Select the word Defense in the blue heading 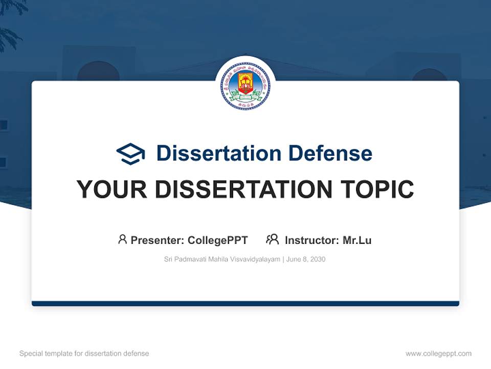tap(330, 153)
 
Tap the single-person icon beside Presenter tap(122, 239)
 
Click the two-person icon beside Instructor tap(272, 239)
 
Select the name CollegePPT tap(218, 240)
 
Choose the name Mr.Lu tap(357, 240)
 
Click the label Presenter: tap(158, 240)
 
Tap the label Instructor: tap(312, 240)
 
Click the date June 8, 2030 tap(306, 259)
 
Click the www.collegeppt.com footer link tap(438, 354)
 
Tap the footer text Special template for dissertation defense tap(84, 354)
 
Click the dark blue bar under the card tap(245, 303)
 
